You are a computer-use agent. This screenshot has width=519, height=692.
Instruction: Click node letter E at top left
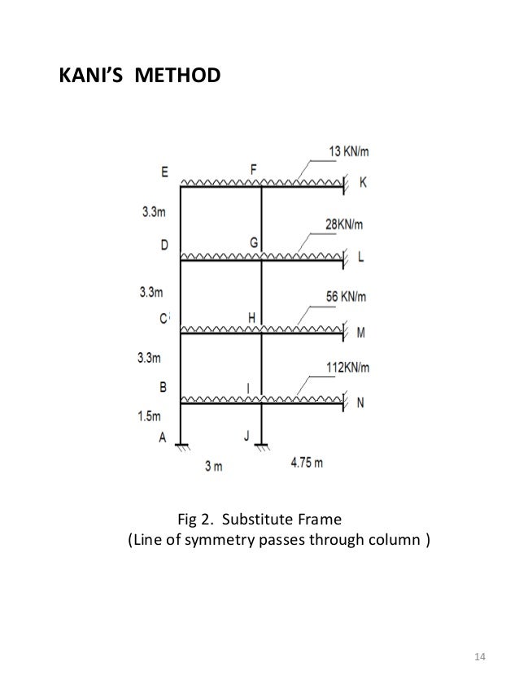click(x=165, y=172)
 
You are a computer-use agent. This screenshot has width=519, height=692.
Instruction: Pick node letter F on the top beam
click(x=254, y=169)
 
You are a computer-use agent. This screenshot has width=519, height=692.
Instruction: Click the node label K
click(x=363, y=184)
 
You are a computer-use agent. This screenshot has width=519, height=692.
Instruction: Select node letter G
click(x=254, y=242)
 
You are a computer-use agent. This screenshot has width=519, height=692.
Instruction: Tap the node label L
click(x=361, y=257)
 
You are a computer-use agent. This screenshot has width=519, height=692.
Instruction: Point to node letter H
click(x=252, y=316)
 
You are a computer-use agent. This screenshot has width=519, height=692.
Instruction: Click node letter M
click(x=362, y=331)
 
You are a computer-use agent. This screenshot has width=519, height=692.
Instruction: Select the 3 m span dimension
click(x=214, y=466)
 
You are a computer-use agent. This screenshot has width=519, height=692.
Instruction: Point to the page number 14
click(x=478, y=656)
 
